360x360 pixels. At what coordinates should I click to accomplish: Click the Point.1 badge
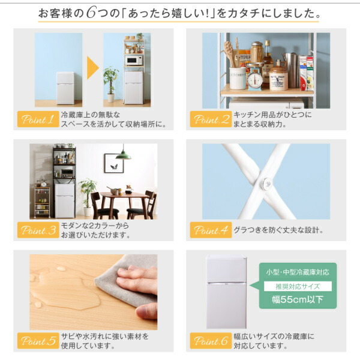click(x=38, y=119)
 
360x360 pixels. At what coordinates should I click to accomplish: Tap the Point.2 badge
click(x=211, y=119)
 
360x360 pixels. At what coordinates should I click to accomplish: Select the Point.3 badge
click(x=38, y=230)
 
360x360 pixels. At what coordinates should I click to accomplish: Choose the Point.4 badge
click(x=211, y=230)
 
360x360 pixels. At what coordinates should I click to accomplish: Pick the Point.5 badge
click(x=38, y=341)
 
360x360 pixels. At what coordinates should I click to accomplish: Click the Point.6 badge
click(x=211, y=341)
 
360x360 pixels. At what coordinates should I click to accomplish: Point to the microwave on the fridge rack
click(x=133, y=60)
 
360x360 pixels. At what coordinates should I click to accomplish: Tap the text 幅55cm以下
click(x=298, y=299)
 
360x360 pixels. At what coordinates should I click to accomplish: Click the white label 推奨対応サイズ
click(x=298, y=286)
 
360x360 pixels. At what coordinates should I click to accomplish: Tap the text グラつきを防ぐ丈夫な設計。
click(x=278, y=230)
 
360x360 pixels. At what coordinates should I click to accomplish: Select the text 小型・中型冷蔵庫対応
click(x=298, y=272)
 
